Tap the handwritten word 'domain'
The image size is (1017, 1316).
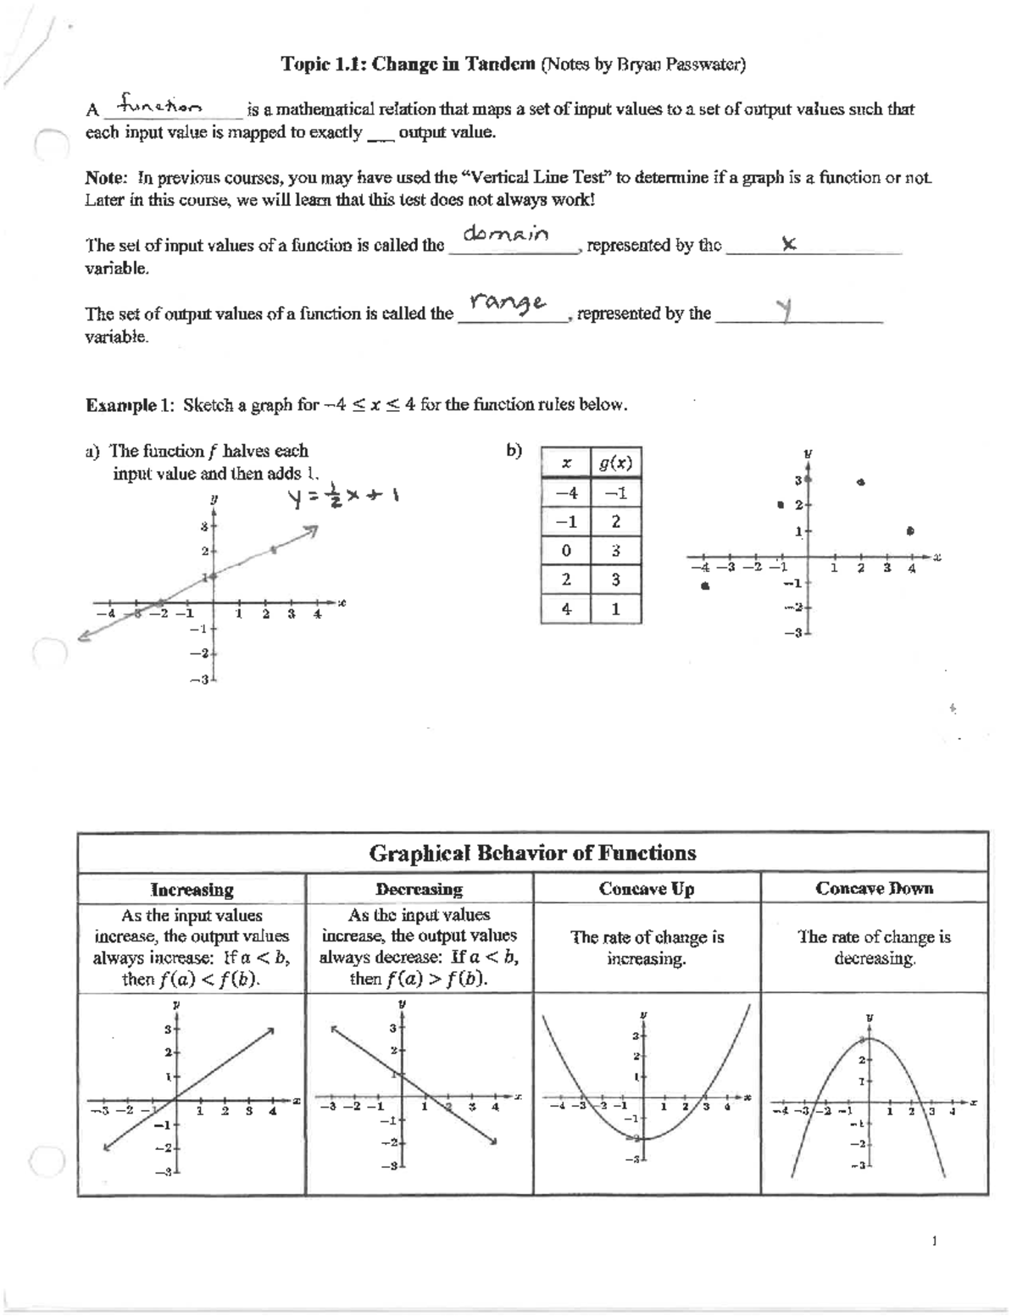pyautogui.click(x=508, y=234)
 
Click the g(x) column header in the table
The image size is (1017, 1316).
pyautogui.click(x=615, y=464)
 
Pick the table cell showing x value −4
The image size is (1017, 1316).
pyautogui.click(x=566, y=493)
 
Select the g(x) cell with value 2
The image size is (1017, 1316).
pyautogui.click(x=615, y=522)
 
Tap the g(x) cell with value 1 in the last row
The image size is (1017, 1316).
pyautogui.click(x=615, y=608)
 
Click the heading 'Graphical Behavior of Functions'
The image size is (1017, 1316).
pyautogui.click(x=532, y=852)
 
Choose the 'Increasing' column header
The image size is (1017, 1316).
pyautogui.click(x=192, y=889)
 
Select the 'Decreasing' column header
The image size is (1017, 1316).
pyautogui.click(x=419, y=889)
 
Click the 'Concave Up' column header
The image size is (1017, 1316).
pyautogui.click(x=646, y=889)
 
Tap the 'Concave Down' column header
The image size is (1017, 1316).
pyautogui.click(x=874, y=889)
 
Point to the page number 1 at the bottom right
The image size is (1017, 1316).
pyautogui.click(x=934, y=1241)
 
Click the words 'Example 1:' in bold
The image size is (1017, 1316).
pyautogui.click(x=131, y=405)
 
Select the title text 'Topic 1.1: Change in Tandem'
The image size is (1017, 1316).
pyautogui.click(x=408, y=64)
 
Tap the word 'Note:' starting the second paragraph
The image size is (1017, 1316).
pyautogui.click(x=106, y=178)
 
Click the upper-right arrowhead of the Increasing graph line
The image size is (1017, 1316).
pyautogui.click(x=271, y=1030)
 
